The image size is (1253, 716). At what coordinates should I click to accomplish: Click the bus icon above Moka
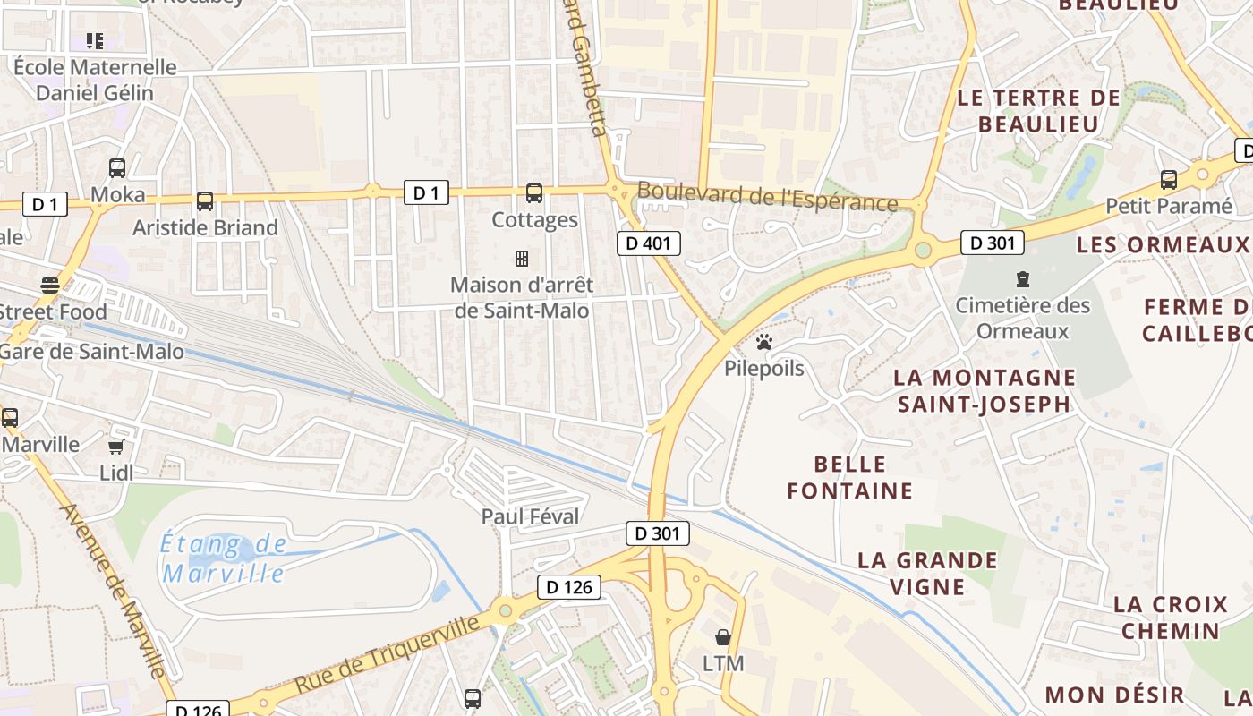117,167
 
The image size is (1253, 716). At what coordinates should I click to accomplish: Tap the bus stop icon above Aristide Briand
205,201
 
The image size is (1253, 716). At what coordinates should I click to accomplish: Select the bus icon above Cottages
534,192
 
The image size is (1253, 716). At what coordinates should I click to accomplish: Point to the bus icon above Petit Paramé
1168,179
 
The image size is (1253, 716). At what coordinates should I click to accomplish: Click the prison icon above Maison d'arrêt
522,259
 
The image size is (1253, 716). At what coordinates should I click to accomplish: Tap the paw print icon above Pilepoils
763,341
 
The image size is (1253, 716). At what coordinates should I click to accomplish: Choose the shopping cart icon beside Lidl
115,447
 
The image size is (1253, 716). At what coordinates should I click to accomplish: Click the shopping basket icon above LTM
723,637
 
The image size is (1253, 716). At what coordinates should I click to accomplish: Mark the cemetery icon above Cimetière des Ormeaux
1023,279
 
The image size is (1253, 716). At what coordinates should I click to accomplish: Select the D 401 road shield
649,243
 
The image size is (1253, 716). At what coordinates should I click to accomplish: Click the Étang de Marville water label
224,558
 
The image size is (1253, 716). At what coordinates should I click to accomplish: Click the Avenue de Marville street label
113,591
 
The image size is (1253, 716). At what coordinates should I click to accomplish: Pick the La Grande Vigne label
927,574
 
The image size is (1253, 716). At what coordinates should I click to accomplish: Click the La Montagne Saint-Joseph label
984,390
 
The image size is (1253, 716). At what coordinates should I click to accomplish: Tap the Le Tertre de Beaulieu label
1038,111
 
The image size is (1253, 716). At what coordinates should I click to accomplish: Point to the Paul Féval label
530,516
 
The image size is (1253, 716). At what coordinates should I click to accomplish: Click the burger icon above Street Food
50,286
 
